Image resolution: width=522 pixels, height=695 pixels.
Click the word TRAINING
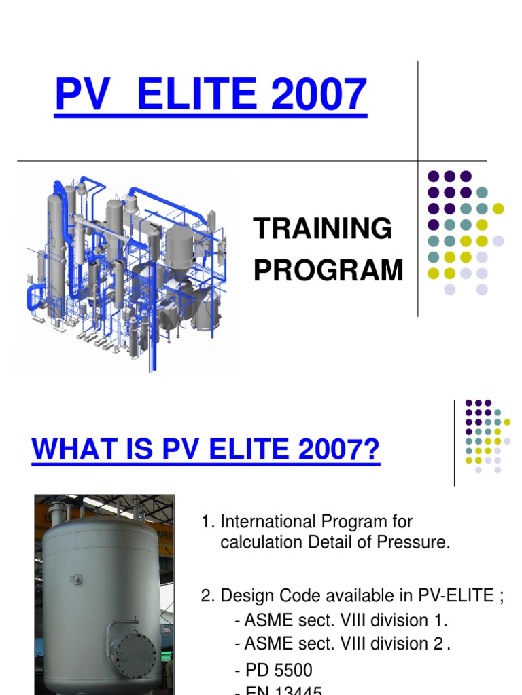click(x=323, y=229)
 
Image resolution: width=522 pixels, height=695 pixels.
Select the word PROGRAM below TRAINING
click(x=328, y=270)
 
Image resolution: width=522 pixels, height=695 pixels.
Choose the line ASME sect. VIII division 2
click(x=341, y=643)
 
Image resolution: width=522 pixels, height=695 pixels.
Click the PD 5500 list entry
click(x=274, y=671)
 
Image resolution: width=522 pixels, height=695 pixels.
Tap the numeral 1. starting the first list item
click(x=208, y=522)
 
